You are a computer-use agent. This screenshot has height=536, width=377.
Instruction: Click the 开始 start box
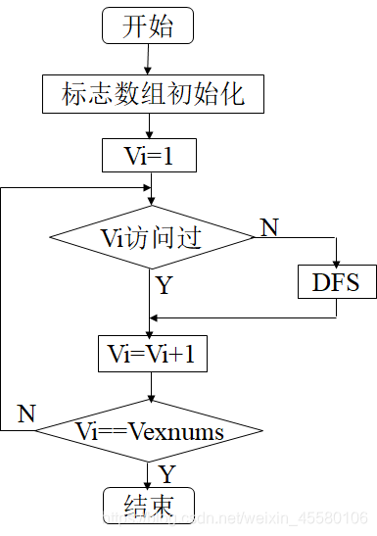pyautogui.click(x=149, y=26)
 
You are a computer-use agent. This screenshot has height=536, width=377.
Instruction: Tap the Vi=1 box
pyautogui.click(x=149, y=155)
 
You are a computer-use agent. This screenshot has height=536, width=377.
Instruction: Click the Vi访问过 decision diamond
pyautogui.click(x=151, y=237)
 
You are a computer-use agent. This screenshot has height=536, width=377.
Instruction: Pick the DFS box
pyautogui.click(x=336, y=283)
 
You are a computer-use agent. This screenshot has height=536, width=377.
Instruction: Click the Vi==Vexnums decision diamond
pyautogui.click(x=150, y=430)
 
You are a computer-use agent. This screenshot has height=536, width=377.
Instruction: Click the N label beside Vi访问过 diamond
pyautogui.click(x=268, y=227)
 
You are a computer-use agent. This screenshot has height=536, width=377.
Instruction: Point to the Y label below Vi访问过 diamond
pyautogui.click(x=163, y=287)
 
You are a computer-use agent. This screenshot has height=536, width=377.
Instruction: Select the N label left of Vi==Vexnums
pyautogui.click(x=27, y=414)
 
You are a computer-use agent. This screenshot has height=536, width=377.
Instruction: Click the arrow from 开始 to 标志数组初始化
pyautogui.click(x=149, y=61)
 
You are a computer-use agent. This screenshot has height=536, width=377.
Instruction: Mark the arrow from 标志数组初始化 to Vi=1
pyautogui.click(x=149, y=126)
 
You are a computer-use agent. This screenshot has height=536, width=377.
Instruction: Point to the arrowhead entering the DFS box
pyautogui.click(x=336, y=264)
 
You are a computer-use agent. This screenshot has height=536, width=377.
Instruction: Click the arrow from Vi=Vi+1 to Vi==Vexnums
pyautogui.click(x=150, y=386)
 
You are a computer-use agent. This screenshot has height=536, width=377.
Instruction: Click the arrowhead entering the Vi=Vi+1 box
pyautogui.click(x=150, y=332)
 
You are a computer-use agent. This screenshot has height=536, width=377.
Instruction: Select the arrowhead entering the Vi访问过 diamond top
pyautogui.click(x=150, y=201)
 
